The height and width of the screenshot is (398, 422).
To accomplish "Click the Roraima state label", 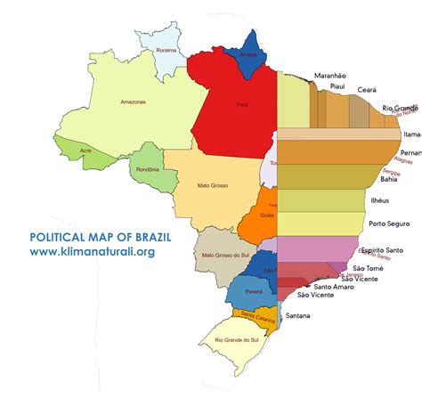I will pyautogui.click(x=166, y=51).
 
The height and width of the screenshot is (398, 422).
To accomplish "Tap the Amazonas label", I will pyautogui.click(x=133, y=102).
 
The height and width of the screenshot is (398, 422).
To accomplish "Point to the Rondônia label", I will pyautogui.click(x=148, y=169).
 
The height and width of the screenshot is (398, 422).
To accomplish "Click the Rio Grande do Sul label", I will pyautogui.click(x=236, y=340).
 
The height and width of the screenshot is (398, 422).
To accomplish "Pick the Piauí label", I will pyautogui.click(x=337, y=87).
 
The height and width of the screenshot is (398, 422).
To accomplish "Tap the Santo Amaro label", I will pyautogui.click(x=335, y=287).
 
